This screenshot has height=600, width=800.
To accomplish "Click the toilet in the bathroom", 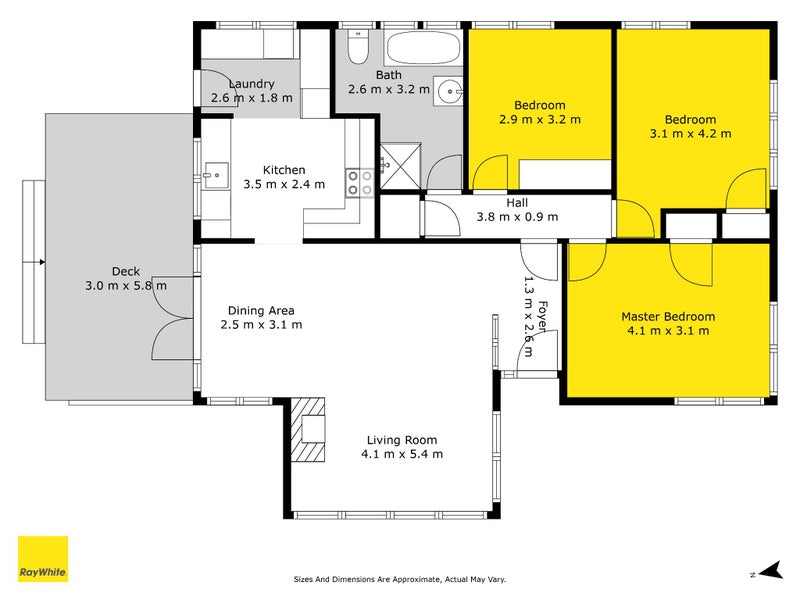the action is coord(357,47).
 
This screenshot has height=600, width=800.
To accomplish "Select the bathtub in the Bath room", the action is coord(423,47).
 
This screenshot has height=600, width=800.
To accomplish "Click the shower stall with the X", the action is coord(401,165).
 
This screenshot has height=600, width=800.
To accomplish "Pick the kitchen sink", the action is coord(216,176).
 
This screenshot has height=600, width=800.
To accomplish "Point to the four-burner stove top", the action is coord(360,183).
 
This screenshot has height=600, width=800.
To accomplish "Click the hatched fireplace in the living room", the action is coord(308,430).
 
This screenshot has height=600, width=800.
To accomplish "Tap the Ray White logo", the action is coord(43,559).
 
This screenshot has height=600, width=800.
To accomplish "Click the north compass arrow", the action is coord(771,570).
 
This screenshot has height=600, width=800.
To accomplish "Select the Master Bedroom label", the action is coord(668,316).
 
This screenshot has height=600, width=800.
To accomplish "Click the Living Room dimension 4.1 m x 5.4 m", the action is coord(402,454).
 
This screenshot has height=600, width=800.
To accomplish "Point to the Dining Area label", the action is coord(261,310).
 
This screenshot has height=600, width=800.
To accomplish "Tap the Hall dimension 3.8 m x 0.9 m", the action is coord(517,217).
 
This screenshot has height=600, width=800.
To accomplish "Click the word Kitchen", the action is coord(284,170).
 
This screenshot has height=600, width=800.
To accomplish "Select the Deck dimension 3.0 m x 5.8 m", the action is coord(126,286).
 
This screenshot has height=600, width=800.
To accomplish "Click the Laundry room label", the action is coord(252,84).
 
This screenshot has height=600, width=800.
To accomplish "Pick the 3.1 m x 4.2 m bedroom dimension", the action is coord(690,134).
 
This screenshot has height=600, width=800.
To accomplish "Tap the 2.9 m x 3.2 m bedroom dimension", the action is coord(540,119).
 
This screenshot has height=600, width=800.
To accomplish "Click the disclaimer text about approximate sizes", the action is coord(400,579).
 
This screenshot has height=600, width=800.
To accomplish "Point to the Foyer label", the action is coord(543,317).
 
